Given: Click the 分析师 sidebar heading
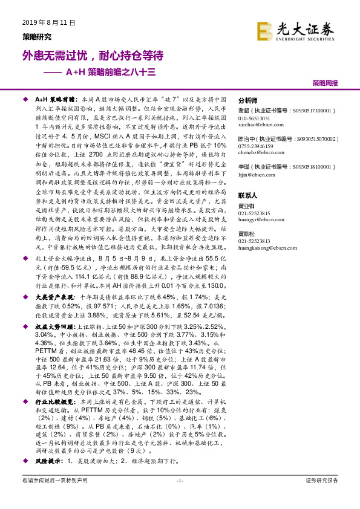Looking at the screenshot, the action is pos(248,101).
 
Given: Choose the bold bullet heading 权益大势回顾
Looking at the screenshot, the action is pos(56,326).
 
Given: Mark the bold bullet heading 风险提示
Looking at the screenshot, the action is pos(50,460).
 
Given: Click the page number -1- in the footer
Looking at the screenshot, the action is pos(179,481).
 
